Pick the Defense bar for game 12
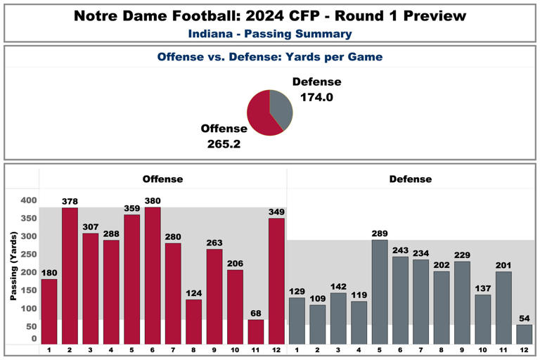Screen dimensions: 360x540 tap(525, 334)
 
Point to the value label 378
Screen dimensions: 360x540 tap(70, 202)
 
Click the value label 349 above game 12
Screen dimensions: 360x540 tap(277, 212)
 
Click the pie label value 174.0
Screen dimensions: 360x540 tap(316, 98)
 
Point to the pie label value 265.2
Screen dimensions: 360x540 tap(224, 143)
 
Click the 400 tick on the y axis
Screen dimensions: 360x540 tap(27, 200)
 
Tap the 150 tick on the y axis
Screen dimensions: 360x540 tap(27, 290)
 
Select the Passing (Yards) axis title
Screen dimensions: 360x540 tap(13, 268)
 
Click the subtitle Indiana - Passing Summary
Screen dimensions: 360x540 tap(270, 33)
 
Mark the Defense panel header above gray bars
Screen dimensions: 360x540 tap(411, 179)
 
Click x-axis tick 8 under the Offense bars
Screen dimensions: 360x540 tap(194, 349)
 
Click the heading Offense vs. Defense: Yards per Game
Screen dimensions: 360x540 tap(270, 57)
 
